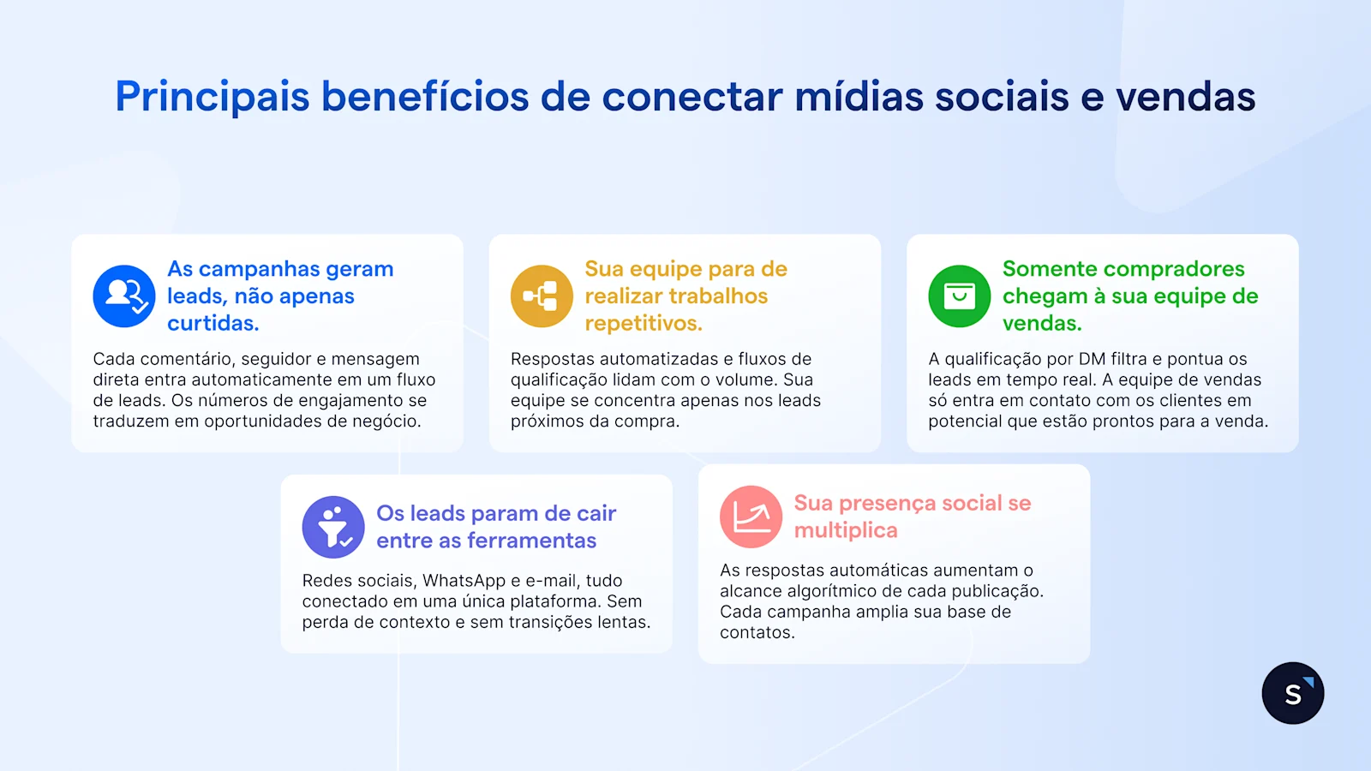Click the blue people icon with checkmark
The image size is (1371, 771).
click(124, 296)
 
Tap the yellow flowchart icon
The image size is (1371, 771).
click(542, 296)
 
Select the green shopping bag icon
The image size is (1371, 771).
click(960, 296)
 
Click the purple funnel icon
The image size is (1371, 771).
click(333, 527)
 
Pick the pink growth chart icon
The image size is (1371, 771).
click(751, 517)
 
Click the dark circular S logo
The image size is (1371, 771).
click(1292, 693)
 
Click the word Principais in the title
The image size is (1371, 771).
click(212, 97)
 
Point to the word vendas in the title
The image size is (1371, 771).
click(1185, 97)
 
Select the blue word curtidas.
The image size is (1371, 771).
click(213, 323)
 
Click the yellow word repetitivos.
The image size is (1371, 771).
click(643, 323)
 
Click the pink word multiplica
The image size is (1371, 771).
click(845, 530)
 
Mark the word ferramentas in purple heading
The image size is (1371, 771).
click(531, 541)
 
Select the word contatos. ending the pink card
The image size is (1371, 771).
click(757, 632)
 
